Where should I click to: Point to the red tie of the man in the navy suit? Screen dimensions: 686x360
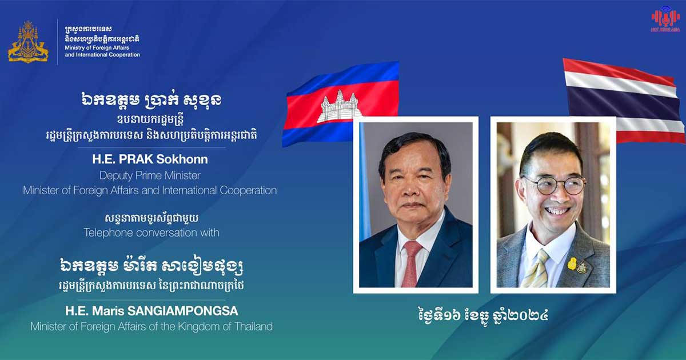411,263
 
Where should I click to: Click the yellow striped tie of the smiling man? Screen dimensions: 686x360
536,269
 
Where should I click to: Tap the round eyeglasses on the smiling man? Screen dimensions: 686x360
554,185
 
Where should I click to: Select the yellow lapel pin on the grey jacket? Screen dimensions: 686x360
572,263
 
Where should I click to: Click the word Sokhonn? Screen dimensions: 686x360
182,159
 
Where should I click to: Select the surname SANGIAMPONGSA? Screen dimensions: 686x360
182,311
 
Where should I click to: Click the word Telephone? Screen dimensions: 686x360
108,233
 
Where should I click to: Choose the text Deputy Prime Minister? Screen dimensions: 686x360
150,175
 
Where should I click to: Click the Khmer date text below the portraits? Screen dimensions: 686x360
483,315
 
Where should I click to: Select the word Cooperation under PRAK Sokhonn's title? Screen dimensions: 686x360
248,190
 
